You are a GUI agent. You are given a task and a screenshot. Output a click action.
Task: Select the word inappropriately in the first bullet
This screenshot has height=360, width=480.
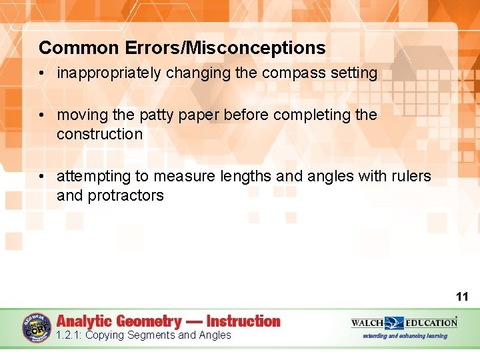[x=109, y=73]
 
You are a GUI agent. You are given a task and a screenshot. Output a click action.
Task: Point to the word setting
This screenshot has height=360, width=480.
[x=353, y=73]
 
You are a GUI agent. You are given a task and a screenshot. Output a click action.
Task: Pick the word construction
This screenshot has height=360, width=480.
[x=99, y=134]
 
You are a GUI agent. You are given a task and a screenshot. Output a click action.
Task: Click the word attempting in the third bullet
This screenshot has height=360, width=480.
[x=95, y=177]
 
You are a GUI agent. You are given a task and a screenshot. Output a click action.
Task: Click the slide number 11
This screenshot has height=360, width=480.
[x=462, y=297]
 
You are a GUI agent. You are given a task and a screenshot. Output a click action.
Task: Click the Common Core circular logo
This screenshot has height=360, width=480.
[x=37, y=327]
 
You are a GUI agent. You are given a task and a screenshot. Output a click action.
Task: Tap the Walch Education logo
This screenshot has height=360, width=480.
[x=404, y=323]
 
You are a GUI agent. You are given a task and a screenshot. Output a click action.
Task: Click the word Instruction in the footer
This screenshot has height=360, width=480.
[x=243, y=321]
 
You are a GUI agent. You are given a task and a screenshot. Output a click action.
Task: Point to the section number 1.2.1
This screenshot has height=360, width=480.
[x=69, y=335]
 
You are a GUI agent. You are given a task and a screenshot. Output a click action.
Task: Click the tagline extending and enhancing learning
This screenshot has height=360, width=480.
[x=405, y=336]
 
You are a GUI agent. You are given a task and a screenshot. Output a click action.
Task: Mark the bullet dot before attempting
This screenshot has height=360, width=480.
[x=42, y=177]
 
